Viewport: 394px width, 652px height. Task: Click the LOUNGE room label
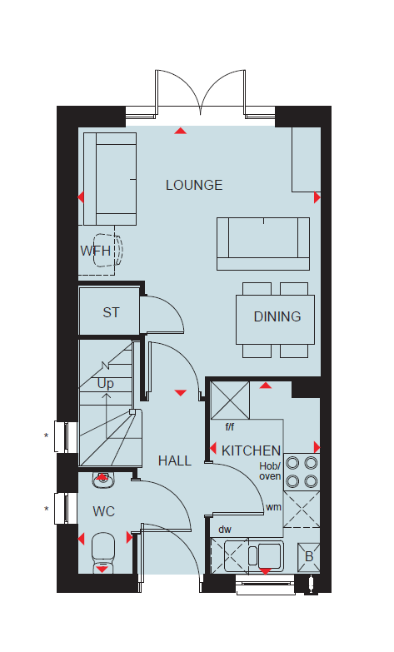click(194, 185)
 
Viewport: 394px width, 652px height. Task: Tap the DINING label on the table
click(277, 316)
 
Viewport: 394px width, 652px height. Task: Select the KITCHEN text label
click(251, 450)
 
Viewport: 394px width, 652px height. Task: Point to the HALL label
click(175, 460)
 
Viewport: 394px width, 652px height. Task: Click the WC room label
click(103, 511)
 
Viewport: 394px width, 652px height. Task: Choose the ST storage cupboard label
click(111, 312)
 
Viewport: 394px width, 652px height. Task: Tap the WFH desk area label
click(96, 251)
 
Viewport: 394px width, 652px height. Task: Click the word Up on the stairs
click(105, 383)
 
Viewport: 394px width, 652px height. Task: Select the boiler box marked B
click(309, 556)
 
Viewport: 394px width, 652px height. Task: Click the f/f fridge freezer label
click(229, 426)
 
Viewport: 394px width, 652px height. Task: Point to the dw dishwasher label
click(225, 530)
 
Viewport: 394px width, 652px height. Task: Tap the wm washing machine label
click(273, 507)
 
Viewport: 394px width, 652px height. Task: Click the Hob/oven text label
click(270, 471)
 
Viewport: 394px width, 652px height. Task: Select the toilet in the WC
click(102, 552)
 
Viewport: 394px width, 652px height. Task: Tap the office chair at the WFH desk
click(108, 251)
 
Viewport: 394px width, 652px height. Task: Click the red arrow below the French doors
click(180, 131)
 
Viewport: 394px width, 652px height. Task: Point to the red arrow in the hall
click(180, 392)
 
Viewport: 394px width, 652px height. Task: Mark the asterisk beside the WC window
click(46, 509)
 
